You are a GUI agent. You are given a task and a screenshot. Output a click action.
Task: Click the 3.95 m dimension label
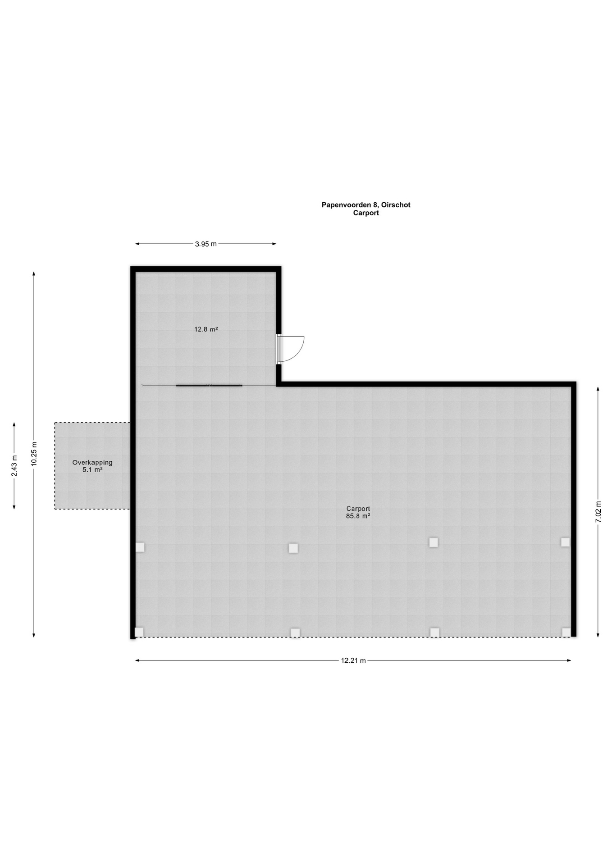click(206, 244)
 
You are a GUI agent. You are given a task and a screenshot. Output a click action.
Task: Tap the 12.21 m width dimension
click(353, 661)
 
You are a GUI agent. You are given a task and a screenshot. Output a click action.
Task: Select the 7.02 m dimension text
click(598, 511)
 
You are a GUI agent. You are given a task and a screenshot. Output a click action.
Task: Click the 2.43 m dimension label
click(14, 466)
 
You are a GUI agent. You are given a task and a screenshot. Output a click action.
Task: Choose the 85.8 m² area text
click(358, 516)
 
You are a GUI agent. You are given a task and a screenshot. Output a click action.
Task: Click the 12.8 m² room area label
click(206, 329)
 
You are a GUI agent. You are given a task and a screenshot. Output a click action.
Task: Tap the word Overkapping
click(92, 463)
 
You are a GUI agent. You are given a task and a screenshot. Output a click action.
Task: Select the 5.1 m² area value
click(92, 469)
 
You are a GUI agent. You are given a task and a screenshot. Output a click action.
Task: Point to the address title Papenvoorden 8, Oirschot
click(366, 205)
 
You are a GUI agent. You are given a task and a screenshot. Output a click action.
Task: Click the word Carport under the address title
click(366, 213)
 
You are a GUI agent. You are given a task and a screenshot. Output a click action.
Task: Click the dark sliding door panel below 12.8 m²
click(209, 386)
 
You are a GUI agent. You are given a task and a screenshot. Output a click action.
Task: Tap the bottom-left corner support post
click(139, 632)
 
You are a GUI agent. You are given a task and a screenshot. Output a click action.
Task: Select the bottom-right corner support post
click(566, 633)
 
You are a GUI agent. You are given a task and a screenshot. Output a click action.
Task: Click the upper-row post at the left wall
click(140, 547)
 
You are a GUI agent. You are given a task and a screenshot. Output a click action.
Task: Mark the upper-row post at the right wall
click(565, 542)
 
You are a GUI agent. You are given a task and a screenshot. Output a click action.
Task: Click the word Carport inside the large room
click(358, 509)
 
